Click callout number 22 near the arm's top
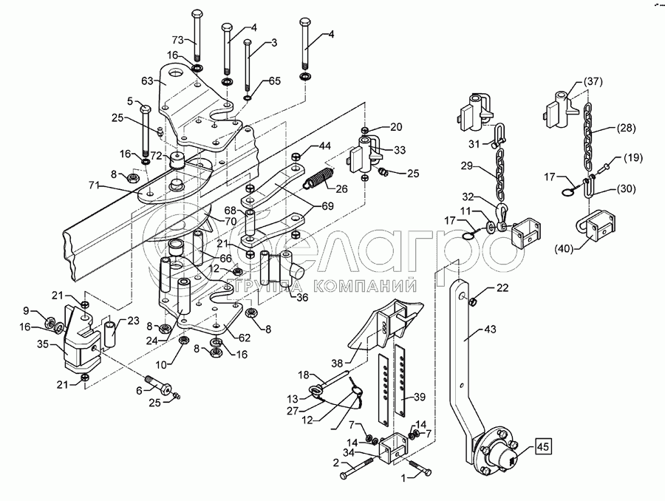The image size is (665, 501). click(502, 287)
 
